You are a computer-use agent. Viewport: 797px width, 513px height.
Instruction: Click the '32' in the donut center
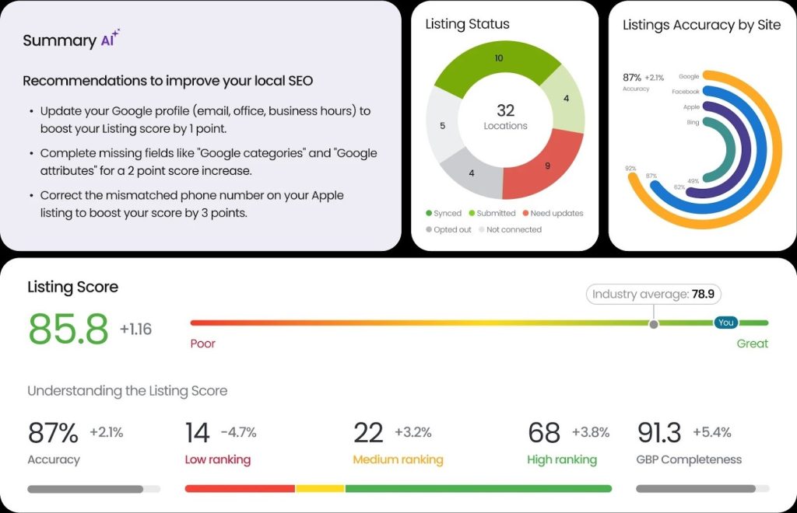pyautogui.click(x=505, y=110)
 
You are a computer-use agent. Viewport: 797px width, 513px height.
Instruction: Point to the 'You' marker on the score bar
pyautogui.click(x=725, y=323)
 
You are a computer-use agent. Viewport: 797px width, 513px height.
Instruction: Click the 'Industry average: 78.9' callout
pyautogui.click(x=654, y=294)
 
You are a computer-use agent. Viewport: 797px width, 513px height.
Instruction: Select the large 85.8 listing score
pyautogui.click(x=68, y=329)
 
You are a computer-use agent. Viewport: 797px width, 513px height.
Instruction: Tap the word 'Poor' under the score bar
pyautogui.click(x=203, y=344)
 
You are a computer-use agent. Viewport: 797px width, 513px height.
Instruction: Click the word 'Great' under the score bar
pyautogui.click(x=752, y=344)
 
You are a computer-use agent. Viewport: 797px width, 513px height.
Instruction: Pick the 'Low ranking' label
pyautogui.click(x=218, y=459)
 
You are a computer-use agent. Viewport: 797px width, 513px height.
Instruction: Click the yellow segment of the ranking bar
pyautogui.click(x=320, y=489)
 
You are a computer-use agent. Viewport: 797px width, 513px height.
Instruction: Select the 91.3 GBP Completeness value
pyautogui.click(x=659, y=433)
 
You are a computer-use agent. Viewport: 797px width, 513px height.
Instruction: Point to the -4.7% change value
pyautogui.click(x=238, y=433)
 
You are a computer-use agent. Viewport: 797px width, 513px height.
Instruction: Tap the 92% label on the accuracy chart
pyautogui.click(x=630, y=168)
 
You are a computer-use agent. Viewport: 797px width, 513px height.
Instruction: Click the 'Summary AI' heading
pyautogui.click(x=71, y=40)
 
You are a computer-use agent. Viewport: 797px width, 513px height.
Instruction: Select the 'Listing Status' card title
pyautogui.click(x=467, y=24)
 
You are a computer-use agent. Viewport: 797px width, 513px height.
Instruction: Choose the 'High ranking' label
pyautogui.click(x=562, y=459)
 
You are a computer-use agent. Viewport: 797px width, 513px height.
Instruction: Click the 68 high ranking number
pyautogui.click(x=544, y=433)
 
